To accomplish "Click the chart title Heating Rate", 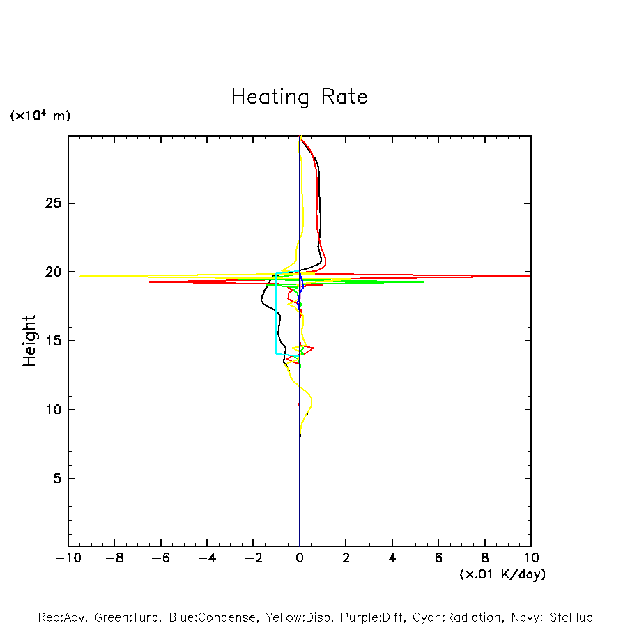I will [300, 97].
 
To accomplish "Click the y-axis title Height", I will [29, 341].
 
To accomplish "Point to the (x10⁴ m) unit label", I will [40, 116].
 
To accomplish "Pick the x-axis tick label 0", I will [300, 558].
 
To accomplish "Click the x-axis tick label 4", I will [392, 558].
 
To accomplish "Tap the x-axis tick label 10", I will [530, 558].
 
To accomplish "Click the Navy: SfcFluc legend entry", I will [554, 617].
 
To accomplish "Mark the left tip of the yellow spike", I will [81, 276].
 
